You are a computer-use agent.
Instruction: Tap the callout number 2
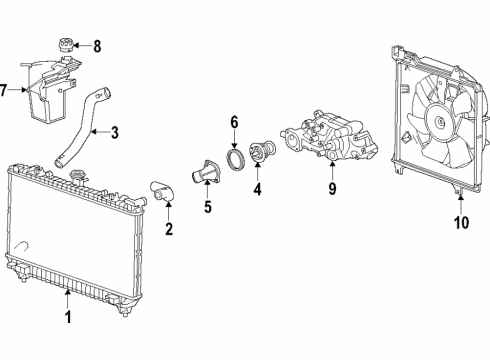[168, 230]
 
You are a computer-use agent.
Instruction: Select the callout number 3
[115, 130]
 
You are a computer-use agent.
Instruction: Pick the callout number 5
[208, 209]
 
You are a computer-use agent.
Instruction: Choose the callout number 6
[234, 122]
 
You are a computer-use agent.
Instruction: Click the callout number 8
[97, 45]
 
